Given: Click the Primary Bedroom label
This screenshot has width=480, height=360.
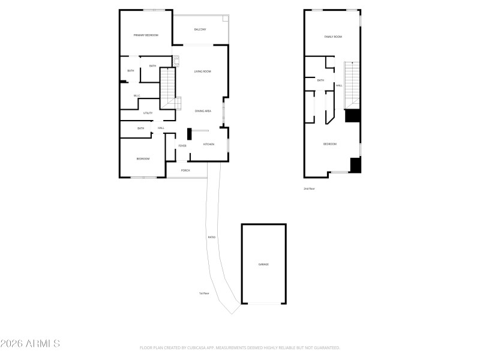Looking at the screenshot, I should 146,35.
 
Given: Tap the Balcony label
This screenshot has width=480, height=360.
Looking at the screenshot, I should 200,29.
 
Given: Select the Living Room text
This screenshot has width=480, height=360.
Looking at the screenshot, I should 202,71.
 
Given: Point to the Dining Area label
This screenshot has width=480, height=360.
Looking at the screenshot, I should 203,111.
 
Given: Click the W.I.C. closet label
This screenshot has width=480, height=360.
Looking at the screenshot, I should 137,95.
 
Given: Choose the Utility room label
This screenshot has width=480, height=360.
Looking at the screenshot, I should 148,113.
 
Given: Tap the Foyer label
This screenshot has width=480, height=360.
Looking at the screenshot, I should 182,146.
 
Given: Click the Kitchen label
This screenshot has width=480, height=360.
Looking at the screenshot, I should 209,145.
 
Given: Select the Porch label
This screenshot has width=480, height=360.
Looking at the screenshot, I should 185,170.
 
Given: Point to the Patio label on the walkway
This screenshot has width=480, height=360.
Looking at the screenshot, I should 212,238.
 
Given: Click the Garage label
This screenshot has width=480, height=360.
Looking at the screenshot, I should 263,265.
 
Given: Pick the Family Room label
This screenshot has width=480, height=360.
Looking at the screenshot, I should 333,37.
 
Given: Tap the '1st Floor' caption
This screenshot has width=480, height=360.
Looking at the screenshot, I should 204,293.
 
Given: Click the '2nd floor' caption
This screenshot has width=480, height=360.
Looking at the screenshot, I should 309,188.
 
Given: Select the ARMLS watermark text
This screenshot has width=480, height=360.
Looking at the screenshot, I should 30,344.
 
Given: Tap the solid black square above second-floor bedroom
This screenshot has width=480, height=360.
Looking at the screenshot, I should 352,116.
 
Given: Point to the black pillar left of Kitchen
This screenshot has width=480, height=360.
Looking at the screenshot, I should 190,135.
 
